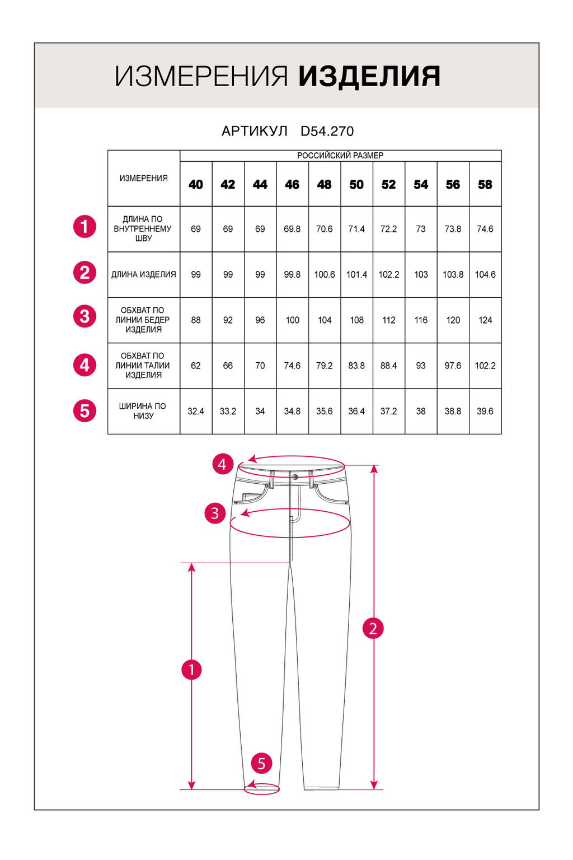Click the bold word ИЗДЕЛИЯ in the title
[369, 77]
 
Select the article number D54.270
[327, 131]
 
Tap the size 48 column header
[325, 184]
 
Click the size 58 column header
[485, 184]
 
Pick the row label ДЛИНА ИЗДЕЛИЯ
[144, 274]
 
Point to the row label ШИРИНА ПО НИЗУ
[144, 411]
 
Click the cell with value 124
[485, 320]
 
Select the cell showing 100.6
[325, 274]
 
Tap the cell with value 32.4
[196, 411]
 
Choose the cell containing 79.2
[325, 366]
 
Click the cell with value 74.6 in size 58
[485, 229]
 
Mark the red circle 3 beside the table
[84, 316]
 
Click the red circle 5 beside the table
[84, 411]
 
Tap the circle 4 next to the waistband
[222, 464]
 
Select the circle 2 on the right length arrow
[373, 628]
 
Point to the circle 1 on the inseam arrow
[191, 670]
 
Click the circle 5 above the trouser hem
[261, 763]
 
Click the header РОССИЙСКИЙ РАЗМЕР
[340, 156]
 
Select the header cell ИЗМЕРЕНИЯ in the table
[144, 178]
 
